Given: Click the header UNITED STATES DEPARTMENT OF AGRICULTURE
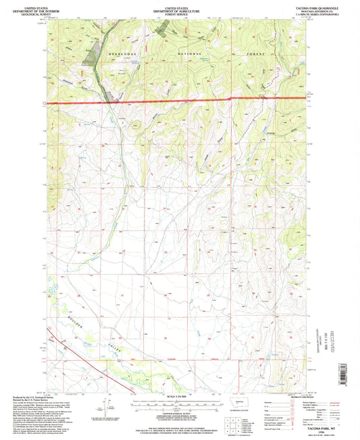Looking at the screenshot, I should pos(180,7).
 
